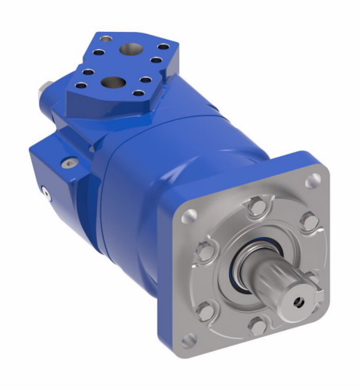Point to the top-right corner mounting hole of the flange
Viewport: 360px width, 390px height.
[x=314, y=181]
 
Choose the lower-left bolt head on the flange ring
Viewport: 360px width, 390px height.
[x=206, y=310]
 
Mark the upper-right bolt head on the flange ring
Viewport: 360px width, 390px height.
[x=306, y=223]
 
